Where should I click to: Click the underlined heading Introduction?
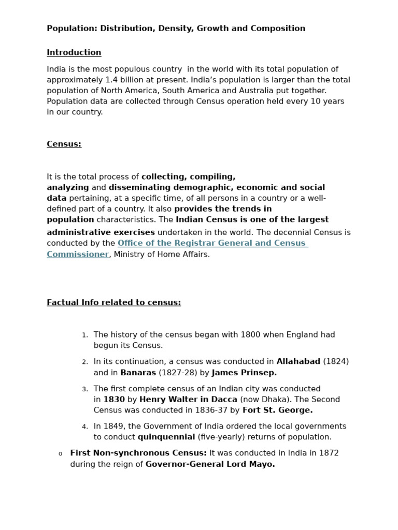click(x=74, y=53)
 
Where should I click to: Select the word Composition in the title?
click(x=278, y=28)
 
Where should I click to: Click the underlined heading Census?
click(x=64, y=144)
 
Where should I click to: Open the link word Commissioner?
click(x=78, y=255)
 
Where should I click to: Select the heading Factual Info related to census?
click(x=113, y=303)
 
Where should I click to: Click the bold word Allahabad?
click(x=298, y=362)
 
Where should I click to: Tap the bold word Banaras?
click(x=138, y=373)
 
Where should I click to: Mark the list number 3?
click(x=84, y=389)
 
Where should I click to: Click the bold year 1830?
click(x=114, y=400)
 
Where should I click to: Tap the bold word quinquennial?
click(x=166, y=437)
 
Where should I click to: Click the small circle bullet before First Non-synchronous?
click(x=60, y=454)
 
